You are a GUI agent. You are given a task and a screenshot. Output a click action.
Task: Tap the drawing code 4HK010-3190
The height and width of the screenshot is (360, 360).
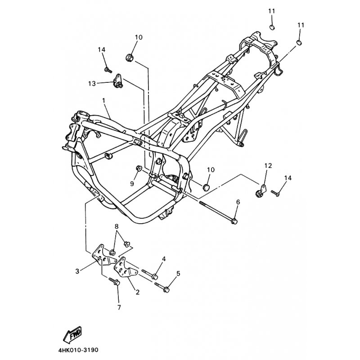78,350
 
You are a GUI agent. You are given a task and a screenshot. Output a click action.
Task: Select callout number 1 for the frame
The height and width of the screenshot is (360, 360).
103,100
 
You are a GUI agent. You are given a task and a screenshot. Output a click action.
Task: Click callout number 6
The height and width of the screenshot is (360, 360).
238,202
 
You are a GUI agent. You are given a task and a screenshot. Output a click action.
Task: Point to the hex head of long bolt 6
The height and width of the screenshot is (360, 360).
234,221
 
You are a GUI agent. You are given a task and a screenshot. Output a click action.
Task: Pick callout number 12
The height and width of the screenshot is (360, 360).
268,166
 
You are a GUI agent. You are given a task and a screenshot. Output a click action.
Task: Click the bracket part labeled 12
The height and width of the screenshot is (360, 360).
261,191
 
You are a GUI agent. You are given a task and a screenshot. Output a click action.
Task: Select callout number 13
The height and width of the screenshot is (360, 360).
92,84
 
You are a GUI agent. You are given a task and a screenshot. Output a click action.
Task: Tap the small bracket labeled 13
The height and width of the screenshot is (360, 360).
118,81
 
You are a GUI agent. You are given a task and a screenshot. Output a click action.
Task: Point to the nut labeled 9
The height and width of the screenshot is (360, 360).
139,168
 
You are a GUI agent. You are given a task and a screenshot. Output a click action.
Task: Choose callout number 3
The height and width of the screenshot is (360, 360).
77,271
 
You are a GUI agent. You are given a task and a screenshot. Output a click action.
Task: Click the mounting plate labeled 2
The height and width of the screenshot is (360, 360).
126,267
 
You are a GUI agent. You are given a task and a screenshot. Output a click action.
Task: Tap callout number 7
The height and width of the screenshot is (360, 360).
119,307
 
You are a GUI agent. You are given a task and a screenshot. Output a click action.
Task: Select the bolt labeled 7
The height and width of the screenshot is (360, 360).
114,281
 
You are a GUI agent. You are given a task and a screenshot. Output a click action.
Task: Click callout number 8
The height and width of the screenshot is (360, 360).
117,227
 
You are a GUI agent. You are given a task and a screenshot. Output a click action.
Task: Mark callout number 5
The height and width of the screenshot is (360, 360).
178,274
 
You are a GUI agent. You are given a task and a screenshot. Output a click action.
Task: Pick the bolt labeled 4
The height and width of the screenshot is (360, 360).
150,274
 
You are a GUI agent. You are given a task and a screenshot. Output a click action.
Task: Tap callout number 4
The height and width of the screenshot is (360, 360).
164,259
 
